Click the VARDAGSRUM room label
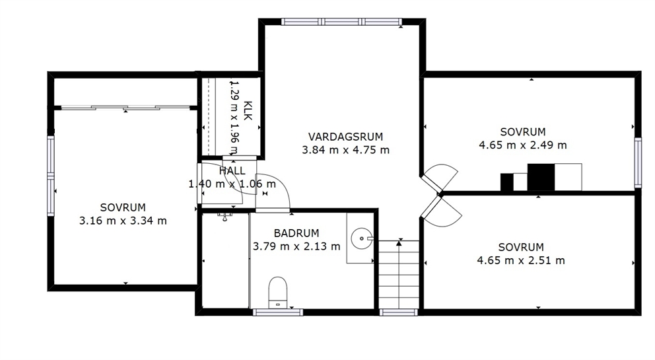click(x=345, y=137)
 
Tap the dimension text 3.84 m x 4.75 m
click(x=345, y=150)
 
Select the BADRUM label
click(x=296, y=233)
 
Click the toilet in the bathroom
click(x=278, y=292)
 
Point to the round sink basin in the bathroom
click(x=361, y=238)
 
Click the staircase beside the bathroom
click(x=399, y=275)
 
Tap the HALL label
click(x=232, y=170)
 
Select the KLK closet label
click(x=248, y=110)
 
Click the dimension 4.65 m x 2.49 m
click(x=522, y=145)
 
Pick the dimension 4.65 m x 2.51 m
click(x=521, y=260)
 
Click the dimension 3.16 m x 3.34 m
click(x=123, y=221)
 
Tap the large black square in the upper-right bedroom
click(x=541, y=177)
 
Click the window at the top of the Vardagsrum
click(x=342, y=22)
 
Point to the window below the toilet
click(x=278, y=312)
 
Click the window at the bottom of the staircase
click(x=399, y=312)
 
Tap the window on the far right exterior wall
click(x=638, y=162)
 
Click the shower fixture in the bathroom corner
click(x=224, y=216)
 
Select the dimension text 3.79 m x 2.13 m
click(x=296, y=246)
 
